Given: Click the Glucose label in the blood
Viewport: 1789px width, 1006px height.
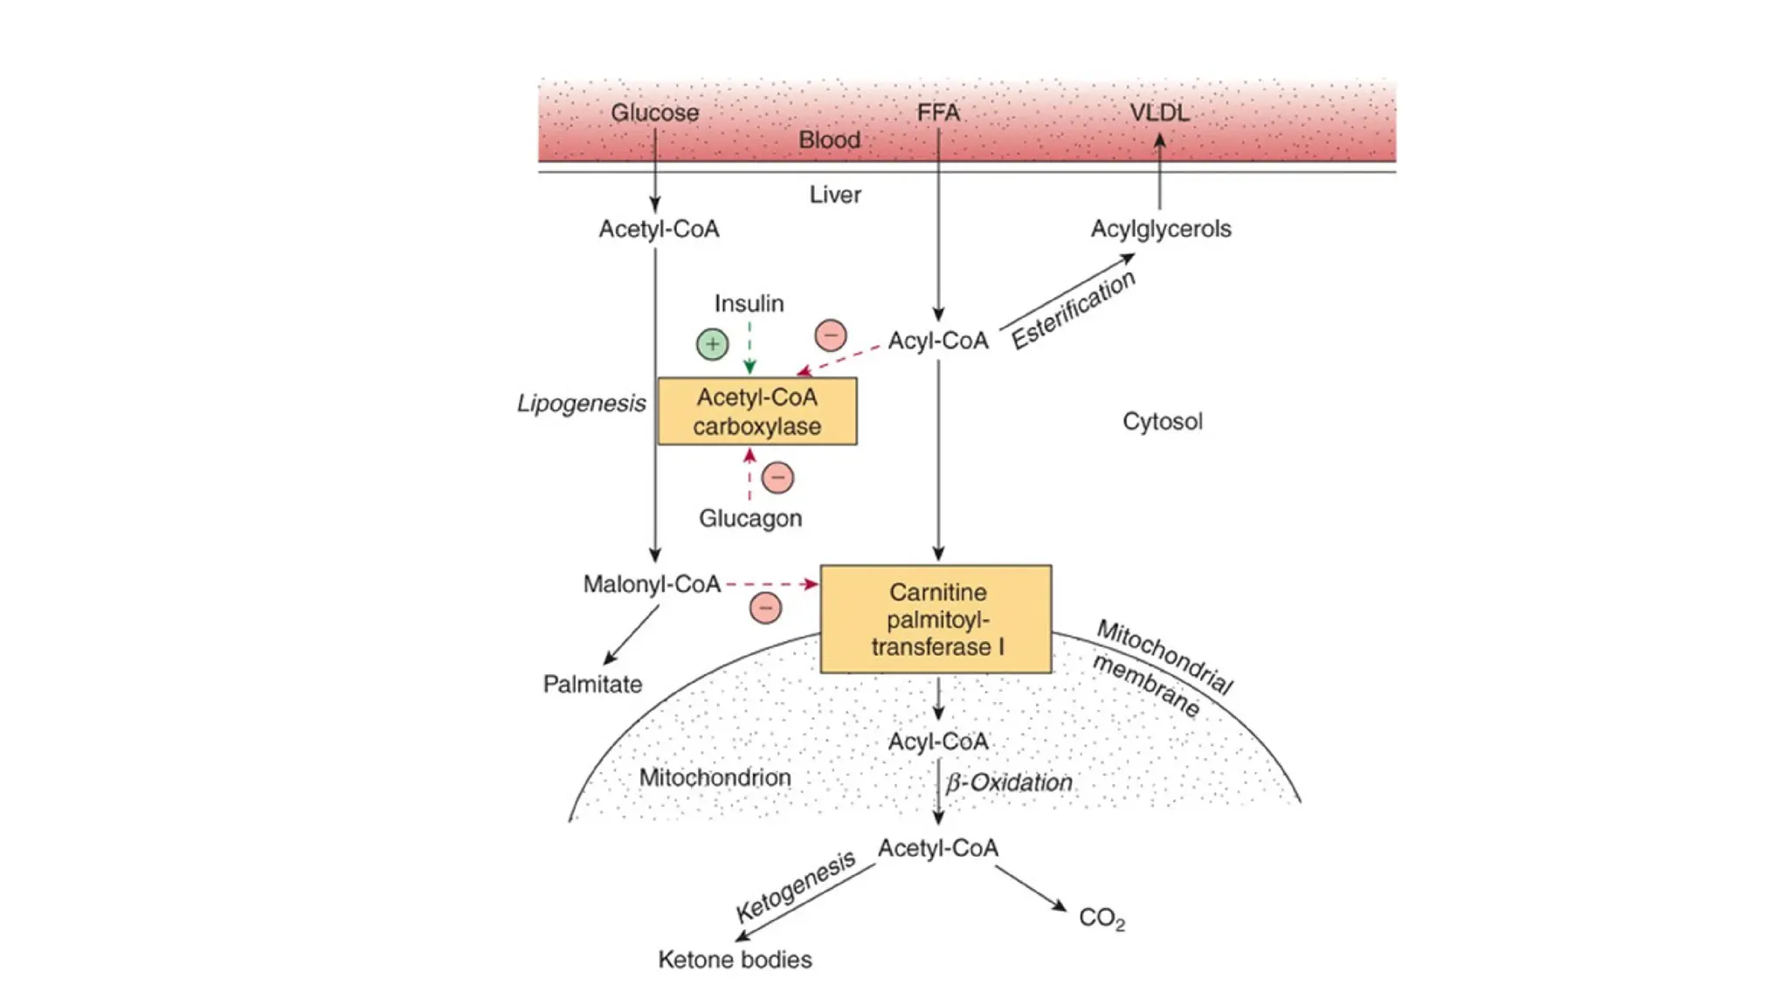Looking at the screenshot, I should coord(654,113).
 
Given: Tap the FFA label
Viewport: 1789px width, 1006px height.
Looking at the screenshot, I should coord(937,113).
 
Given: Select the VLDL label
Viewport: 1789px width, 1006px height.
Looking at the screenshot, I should coord(1159,113).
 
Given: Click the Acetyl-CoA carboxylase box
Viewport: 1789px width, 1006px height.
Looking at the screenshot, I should coord(756,411).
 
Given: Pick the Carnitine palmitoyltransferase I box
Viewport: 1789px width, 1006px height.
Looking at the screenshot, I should coord(936,619).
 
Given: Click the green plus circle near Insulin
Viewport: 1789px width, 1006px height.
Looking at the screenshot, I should coord(712,344).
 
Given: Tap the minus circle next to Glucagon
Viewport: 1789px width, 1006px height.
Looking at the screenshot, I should coord(777,478).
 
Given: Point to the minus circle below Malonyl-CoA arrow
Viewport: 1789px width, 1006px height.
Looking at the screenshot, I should coord(765,608).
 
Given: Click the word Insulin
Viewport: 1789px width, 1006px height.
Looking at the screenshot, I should coord(749,303).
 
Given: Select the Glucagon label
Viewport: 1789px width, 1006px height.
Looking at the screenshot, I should coord(749,518).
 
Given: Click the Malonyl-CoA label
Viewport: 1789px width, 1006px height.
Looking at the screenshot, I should coord(652,584).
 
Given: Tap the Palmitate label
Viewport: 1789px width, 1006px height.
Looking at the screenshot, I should coord(592,684).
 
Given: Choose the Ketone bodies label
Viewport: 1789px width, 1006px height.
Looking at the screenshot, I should coord(735,960).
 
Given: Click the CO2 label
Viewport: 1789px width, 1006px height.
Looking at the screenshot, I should coord(1101,918).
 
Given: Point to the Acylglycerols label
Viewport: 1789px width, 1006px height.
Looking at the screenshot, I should coord(1160,229).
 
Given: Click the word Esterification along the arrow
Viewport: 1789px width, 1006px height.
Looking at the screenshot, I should coord(1074,310).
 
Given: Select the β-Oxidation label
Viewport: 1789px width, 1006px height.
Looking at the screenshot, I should coord(1009,782).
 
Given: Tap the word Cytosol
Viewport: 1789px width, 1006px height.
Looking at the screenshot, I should coord(1162,421).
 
